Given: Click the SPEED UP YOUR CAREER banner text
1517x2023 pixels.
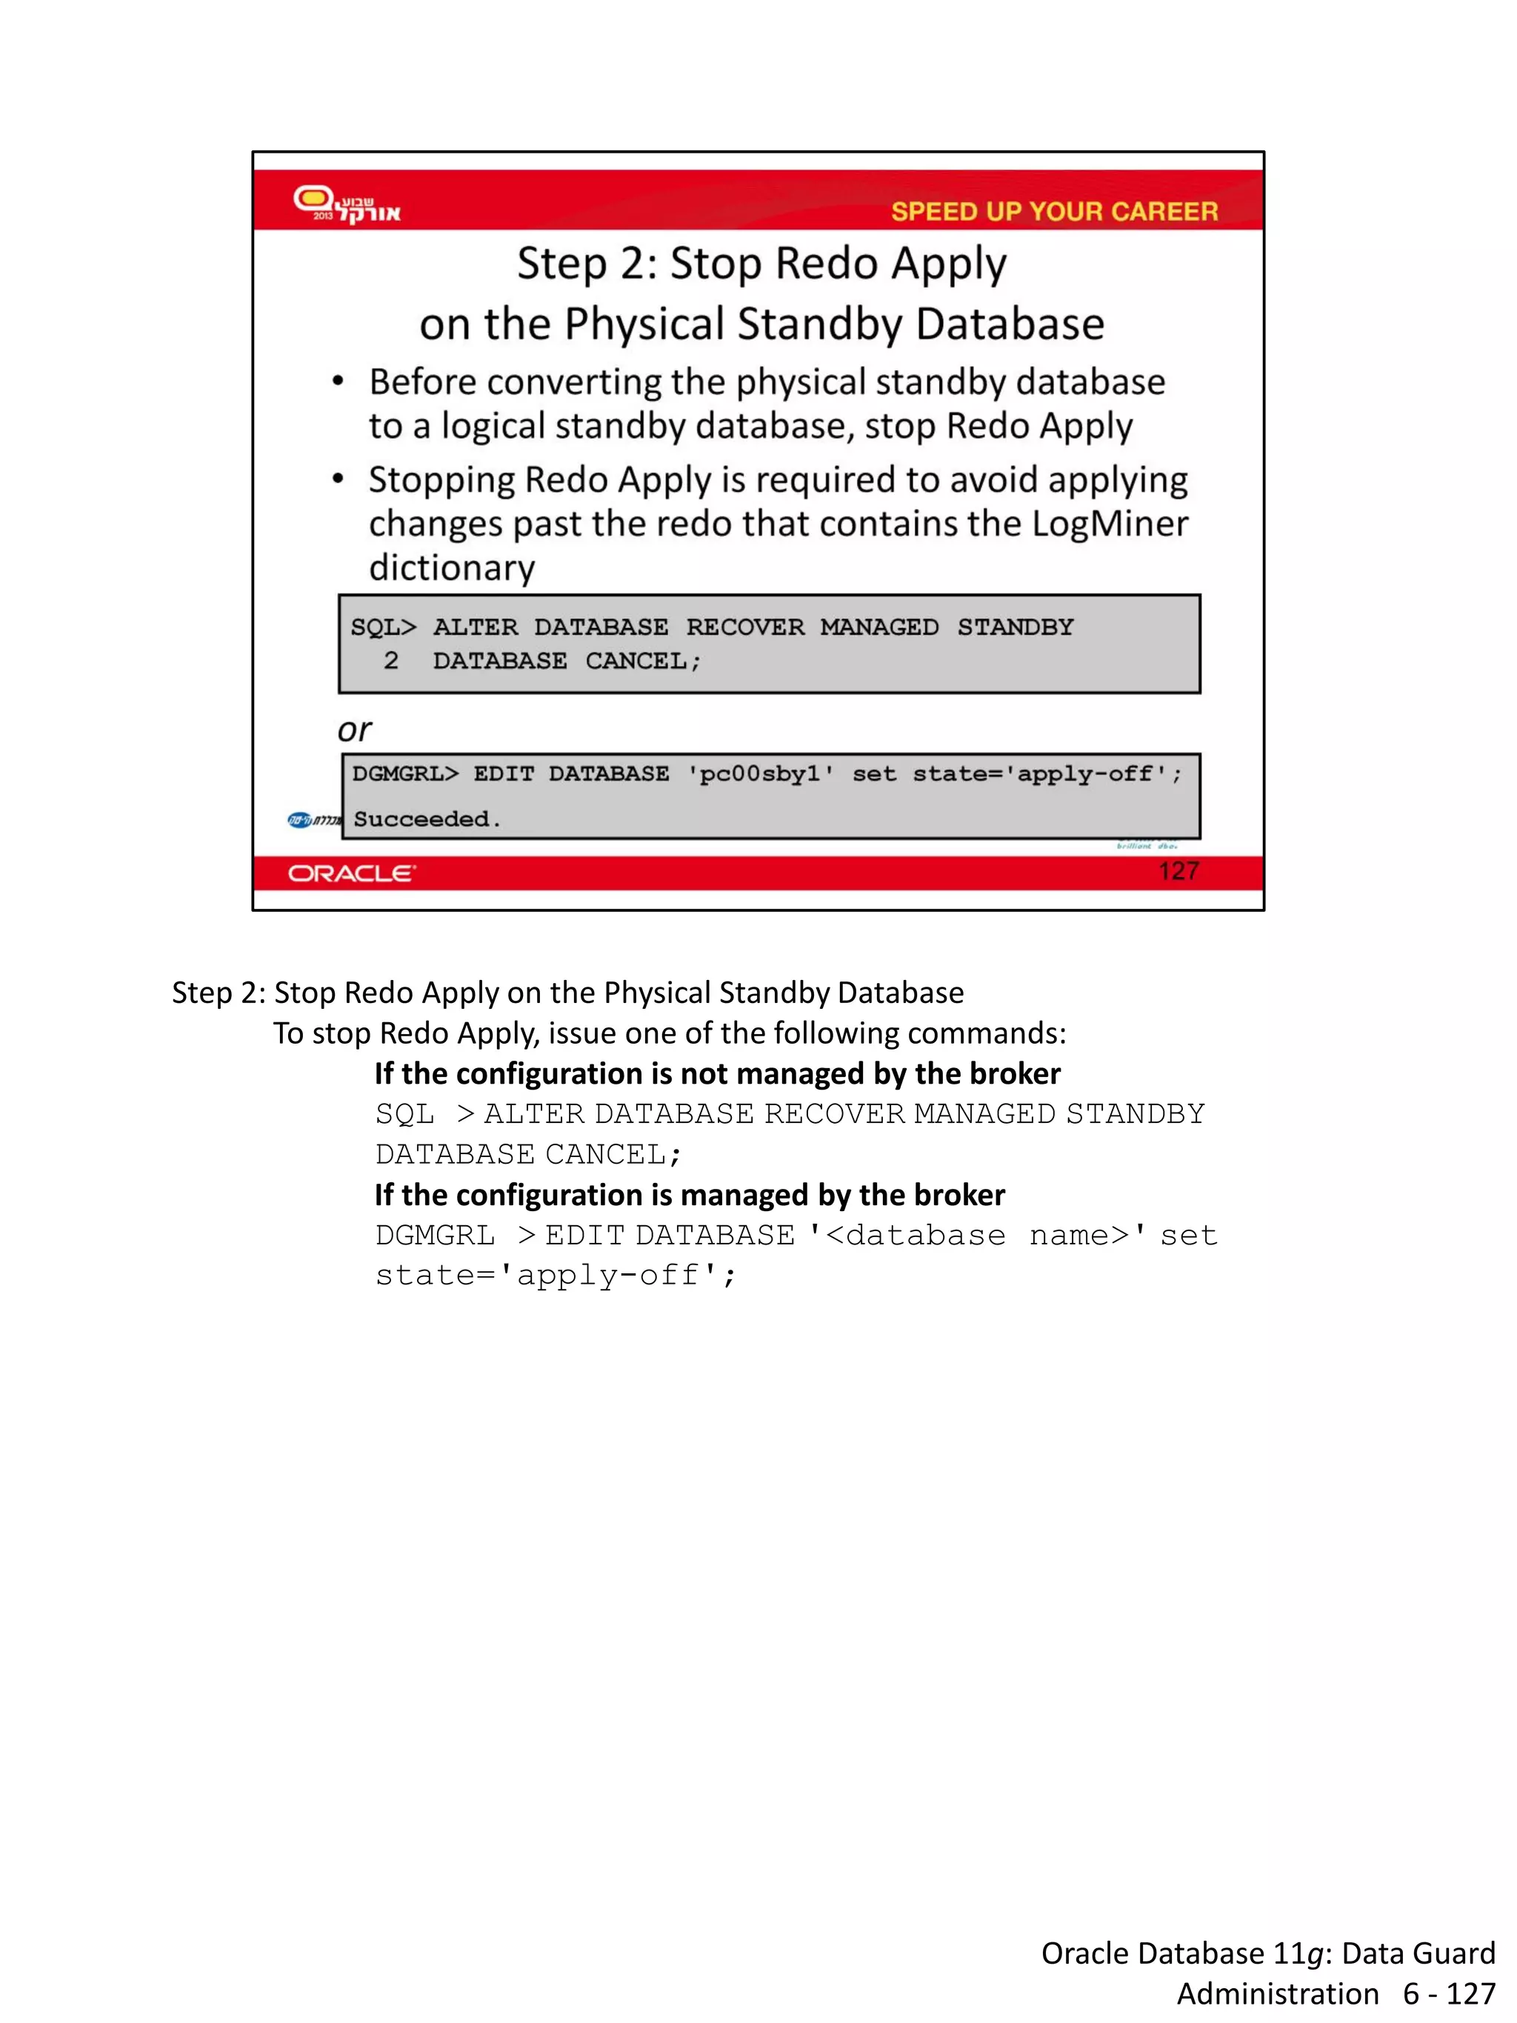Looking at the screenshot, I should coord(1053,211).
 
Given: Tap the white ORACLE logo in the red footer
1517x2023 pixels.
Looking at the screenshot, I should coord(351,873).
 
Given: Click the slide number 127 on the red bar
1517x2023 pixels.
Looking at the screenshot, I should coord(1178,870).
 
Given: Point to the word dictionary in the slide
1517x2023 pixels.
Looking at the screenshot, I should coord(452,568).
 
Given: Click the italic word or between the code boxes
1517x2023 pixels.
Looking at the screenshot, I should coord(354,730).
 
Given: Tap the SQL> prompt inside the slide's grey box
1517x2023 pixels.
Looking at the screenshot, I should coord(383,627).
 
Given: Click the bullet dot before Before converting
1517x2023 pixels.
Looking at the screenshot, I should coord(339,382).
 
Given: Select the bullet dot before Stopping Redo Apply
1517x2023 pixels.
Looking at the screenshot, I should coord(339,479).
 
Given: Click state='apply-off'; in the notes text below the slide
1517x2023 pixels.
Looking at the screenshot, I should coord(555,1275).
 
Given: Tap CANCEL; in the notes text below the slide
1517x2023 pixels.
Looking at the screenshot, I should coord(613,1154).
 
